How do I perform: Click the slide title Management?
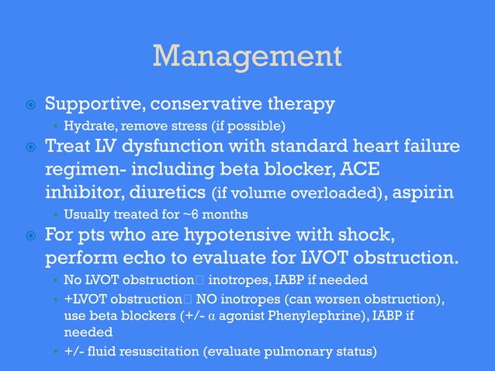pyautogui.click(x=247, y=56)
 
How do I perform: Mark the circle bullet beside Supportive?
pyautogui.click(x=29, y=105)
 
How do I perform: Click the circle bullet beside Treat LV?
pyautogui.click(x=29, y=147)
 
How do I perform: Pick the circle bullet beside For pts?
pyautogui.click(x=29, y=236)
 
